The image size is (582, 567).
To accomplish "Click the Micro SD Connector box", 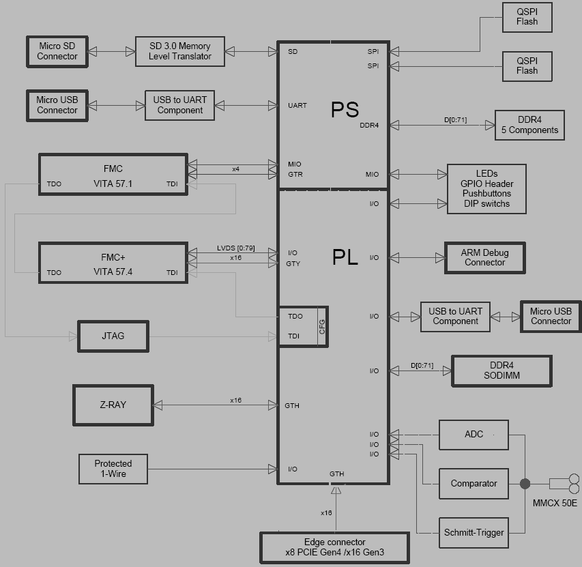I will coord(57,51).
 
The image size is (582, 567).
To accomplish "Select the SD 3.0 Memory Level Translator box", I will coord(180,51).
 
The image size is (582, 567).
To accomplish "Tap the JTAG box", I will coord(113,336).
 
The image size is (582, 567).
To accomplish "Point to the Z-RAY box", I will coord(113,405).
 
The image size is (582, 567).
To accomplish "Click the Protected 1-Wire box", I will coord(113,469).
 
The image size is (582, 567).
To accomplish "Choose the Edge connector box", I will coord(334,547).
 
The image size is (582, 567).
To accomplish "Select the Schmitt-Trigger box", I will coord(474,532).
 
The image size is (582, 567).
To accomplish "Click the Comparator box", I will coord(474,484).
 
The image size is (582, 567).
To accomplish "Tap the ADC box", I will coord(474,435).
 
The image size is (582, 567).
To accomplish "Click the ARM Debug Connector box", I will coord(484,257).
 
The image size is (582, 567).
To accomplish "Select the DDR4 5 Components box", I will coord(529,125).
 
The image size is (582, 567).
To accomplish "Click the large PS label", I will coord(345,109).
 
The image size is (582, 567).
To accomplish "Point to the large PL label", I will coord(345,257).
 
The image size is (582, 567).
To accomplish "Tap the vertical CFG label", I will coord(322,326).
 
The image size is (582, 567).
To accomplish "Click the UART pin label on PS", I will coord(297,106).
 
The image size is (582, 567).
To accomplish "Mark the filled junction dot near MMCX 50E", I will coord(525,484).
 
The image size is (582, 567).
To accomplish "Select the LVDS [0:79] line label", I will coord(236,248).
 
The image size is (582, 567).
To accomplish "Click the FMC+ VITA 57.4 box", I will coord(113,263).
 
